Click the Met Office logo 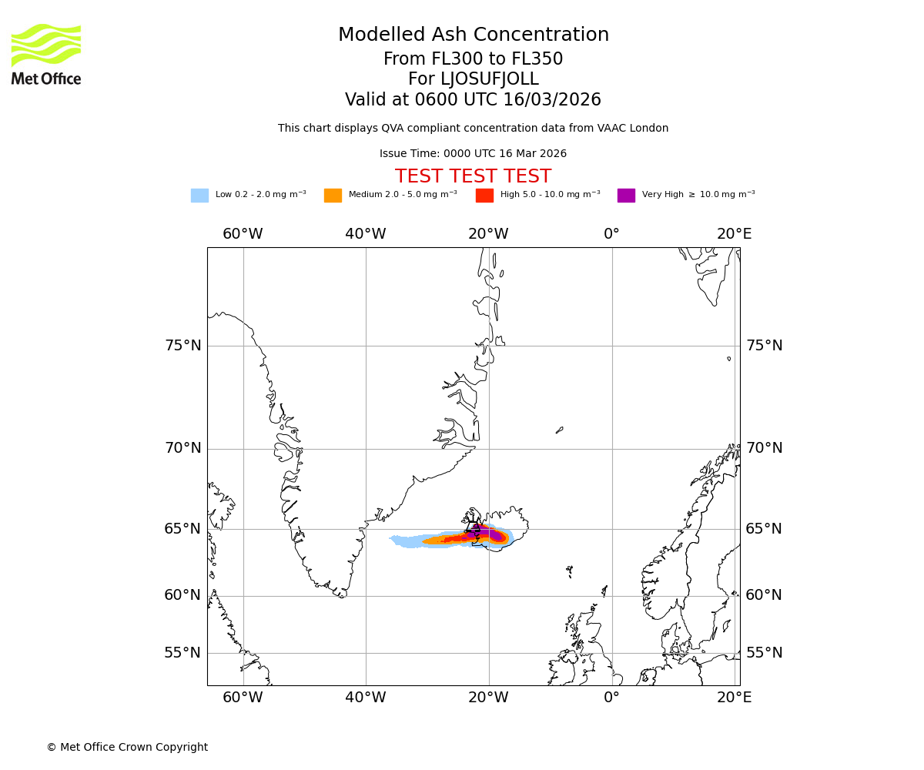46,54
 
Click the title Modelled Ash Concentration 473,35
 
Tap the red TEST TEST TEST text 473,176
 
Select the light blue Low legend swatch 199,196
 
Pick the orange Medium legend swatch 333,196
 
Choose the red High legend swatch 484,196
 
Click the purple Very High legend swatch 626,196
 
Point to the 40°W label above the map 366,234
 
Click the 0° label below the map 611,698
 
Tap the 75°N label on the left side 183,346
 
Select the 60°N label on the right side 763,595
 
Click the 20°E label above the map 734,234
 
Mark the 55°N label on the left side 183,653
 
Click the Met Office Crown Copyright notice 127,747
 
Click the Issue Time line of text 473,154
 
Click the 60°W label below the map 243,698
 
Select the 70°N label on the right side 763,448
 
